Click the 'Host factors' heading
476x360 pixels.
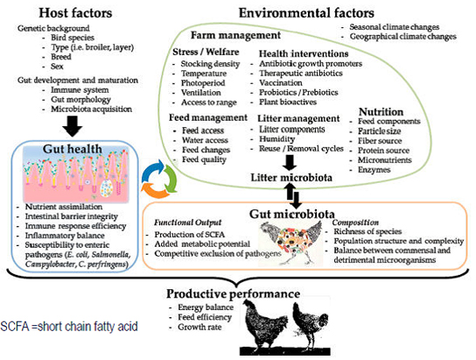click(x=75, y=13)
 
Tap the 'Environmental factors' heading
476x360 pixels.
click(x=306, y=13)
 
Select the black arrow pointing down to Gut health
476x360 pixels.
click(x=73, y=126)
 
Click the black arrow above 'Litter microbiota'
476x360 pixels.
click(x=290, y=163)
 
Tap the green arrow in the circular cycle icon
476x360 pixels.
click(x=171, y=180)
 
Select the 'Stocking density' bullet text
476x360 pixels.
click(x=210, y=64)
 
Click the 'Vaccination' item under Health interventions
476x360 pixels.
click(x=281, y=82)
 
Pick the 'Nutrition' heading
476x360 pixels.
click(x=381, y=111)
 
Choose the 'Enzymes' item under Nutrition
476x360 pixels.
click(x=374, y=170)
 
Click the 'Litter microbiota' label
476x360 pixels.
click(x=291, y=178)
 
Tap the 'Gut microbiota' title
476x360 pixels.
click(x=292, y=214)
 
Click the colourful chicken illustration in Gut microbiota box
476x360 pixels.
click(x=290, y=243)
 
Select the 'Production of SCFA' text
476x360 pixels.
click(x=189, y=235)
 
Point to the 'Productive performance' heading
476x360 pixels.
click(x=233, y=293)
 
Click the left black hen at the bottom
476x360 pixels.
click(x=263, y=324)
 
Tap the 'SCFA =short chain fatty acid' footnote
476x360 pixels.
click(x=69, y=327)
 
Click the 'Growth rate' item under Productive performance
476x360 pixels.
click(x=199, y=328)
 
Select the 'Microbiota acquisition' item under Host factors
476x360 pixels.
click(x=91, y=109)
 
